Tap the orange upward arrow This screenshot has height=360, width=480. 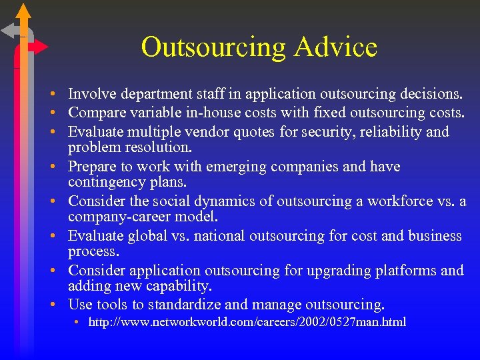tap(24, 13)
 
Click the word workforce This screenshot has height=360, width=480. tap(399, 201)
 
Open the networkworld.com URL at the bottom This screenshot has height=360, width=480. tap(247, 323)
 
